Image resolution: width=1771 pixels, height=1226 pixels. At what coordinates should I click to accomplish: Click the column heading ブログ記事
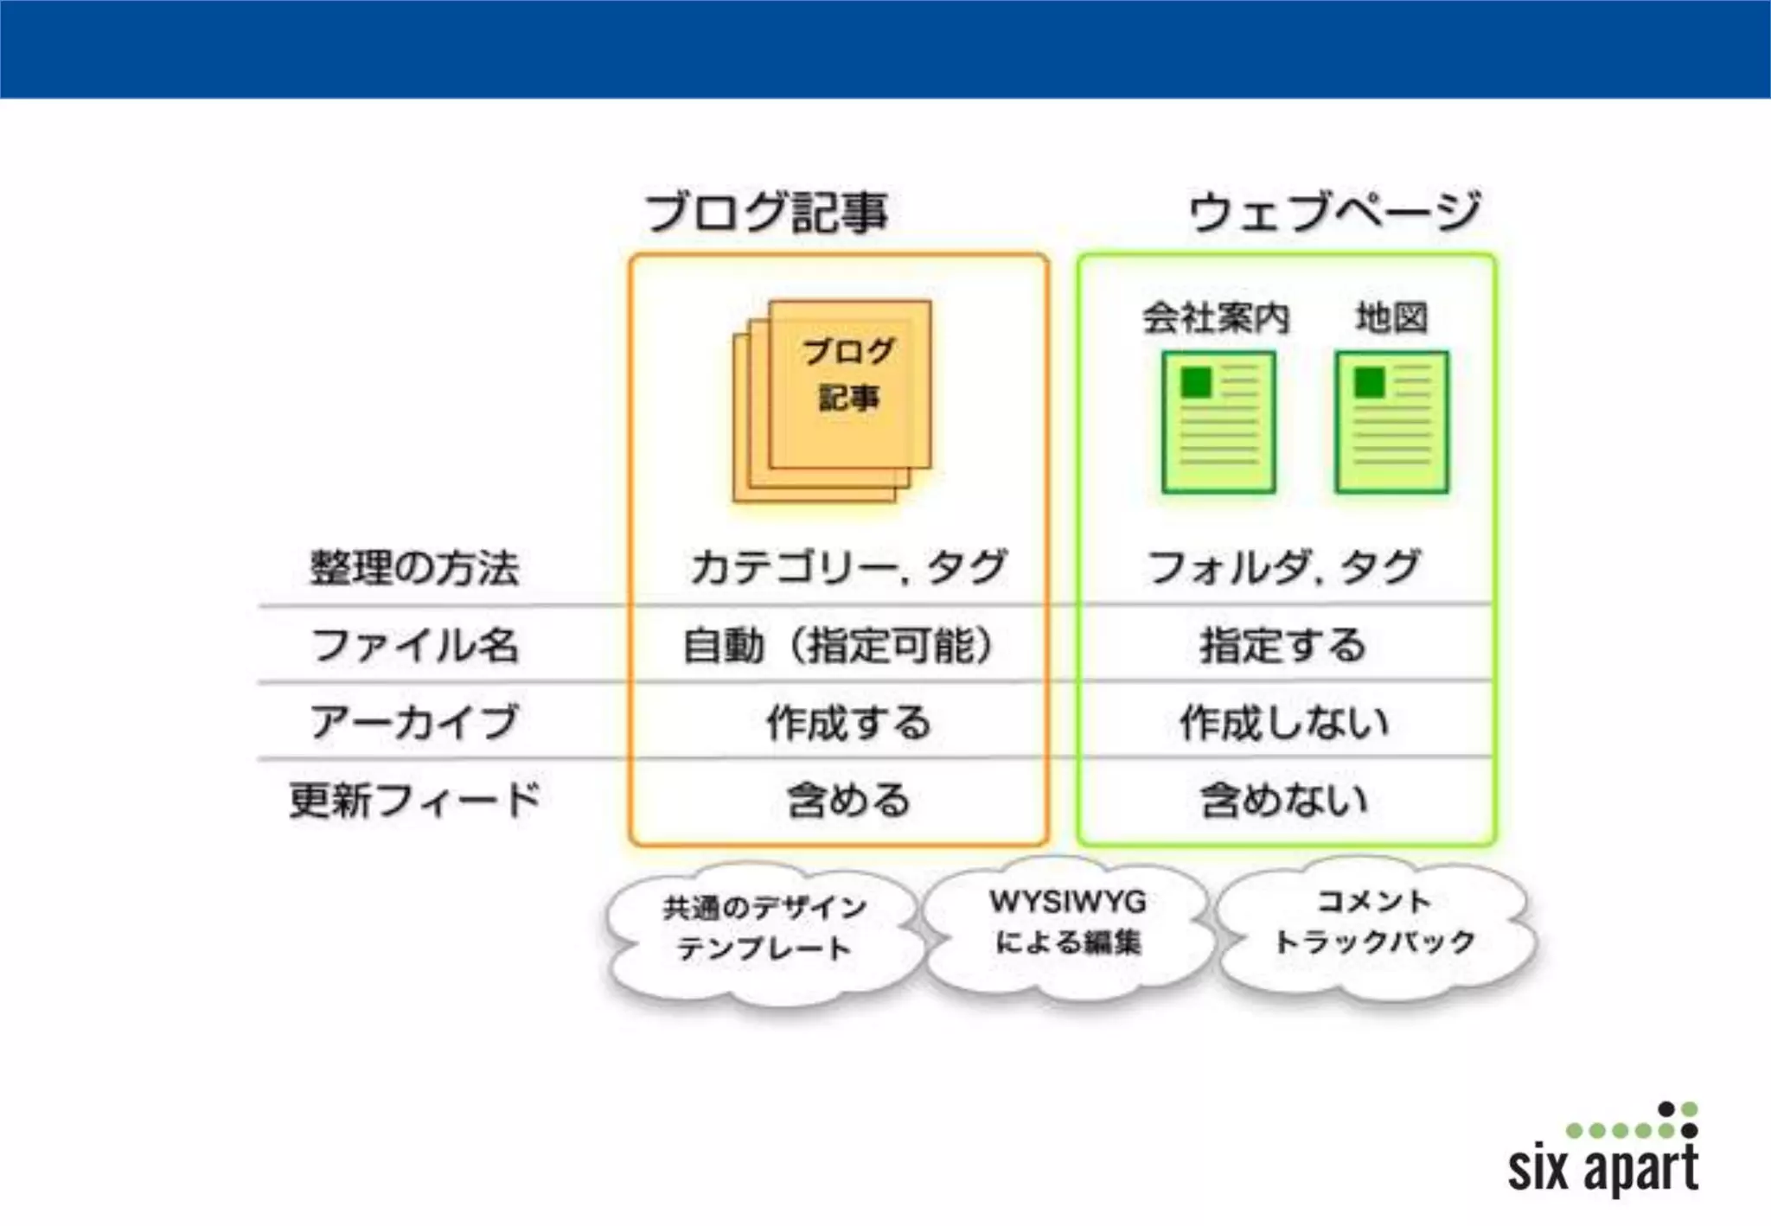click(x=766, y=213)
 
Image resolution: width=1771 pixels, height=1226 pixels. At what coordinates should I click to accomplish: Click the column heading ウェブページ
click(x=1334, y=213)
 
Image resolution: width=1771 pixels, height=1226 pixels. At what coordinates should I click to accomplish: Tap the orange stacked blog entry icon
click(x=832, y=400)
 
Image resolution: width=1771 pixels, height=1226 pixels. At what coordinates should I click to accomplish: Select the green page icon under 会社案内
click(x=1218, y=422)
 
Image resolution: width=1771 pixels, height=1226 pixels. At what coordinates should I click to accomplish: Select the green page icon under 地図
click(x=1391, y=422)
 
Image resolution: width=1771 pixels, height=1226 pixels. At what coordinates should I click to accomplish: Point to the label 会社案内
click(x=1216, y=318)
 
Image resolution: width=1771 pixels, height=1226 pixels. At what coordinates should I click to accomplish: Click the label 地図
click(x=1391, y=318)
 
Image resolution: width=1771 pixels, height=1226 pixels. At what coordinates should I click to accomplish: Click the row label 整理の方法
click(x=414, y=568)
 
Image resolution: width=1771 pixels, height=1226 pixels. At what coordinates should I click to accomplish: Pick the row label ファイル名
click(x=414, y=646)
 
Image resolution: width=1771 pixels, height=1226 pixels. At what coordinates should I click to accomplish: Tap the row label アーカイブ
click(x=414, y=722)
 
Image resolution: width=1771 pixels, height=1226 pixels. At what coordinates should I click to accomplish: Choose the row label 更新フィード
click(x=414, y=800)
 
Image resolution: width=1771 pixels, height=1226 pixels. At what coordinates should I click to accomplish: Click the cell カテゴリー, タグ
click(x=847, y=568)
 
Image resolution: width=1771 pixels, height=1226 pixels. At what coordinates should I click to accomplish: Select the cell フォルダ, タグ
click(x=1284, y=568)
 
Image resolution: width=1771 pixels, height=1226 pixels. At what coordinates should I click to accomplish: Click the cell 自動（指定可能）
click(x=838, y=646)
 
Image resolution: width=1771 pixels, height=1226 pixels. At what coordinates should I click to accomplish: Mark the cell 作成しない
click(x=1284, y=722)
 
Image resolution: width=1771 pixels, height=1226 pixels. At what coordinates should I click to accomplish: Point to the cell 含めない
click(x=1284, y=800)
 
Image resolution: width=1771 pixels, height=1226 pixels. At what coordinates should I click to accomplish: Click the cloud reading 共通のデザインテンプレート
click(x=764, y=929)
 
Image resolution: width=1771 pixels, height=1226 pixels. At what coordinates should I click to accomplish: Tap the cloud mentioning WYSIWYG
click(x=1068, y=923)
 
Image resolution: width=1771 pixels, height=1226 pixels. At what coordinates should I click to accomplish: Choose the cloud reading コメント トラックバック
click(x=1375, y=923)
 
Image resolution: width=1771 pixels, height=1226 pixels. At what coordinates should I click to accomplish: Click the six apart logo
click(x=1605, y=1154)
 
